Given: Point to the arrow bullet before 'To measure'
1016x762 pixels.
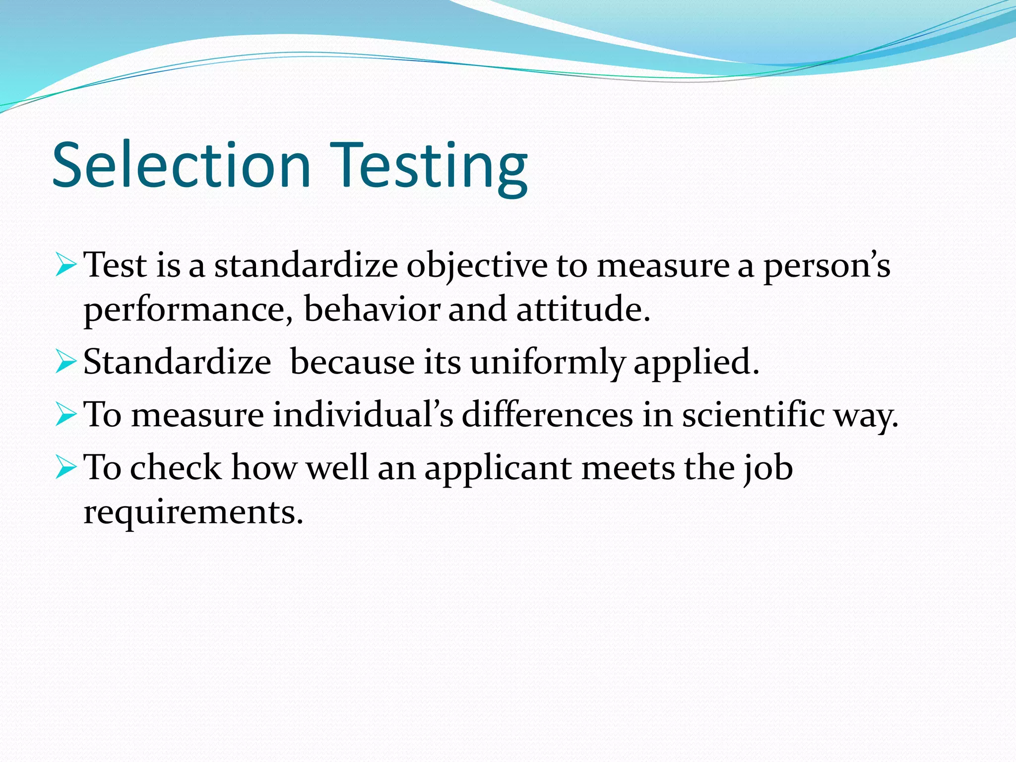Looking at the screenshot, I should click(65, 414).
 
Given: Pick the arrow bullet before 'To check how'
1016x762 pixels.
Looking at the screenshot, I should click(65, 467).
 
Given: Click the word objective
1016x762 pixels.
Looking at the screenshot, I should click(477, 266).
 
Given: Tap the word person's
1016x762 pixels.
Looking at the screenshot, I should click(826, 266).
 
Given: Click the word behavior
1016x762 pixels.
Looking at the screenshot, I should click(372, 309).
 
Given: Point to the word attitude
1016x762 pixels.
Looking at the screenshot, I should click(582, 309).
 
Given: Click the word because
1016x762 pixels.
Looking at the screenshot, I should click(352, 362).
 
